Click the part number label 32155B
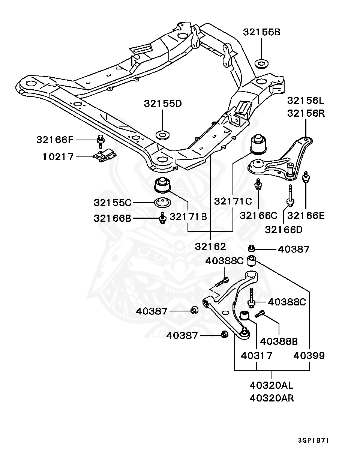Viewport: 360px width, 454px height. [262, 32]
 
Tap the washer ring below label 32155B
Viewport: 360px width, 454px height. [261, 64]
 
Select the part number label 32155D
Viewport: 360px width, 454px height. [163, 104]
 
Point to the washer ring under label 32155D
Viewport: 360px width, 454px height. [163, 135]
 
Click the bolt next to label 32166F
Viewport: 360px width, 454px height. [101, 141]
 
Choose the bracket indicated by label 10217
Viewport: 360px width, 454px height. [105, 156]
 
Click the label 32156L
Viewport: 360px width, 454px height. [306, 101]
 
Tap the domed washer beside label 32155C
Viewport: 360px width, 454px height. [162, 203]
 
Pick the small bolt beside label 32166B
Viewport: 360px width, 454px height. [163, 218]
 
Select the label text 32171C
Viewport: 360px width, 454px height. [233, 201]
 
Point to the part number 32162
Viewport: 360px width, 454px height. [210, 247]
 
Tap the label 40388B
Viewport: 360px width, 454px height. [279, 341]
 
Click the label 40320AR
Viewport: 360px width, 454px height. [271, 398]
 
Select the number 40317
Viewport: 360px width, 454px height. [256, 356]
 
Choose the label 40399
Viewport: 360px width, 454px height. [309, 356]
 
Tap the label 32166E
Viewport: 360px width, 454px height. [306, 216]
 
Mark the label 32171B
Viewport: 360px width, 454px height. [188, 216]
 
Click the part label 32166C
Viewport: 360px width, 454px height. [258, 216]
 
